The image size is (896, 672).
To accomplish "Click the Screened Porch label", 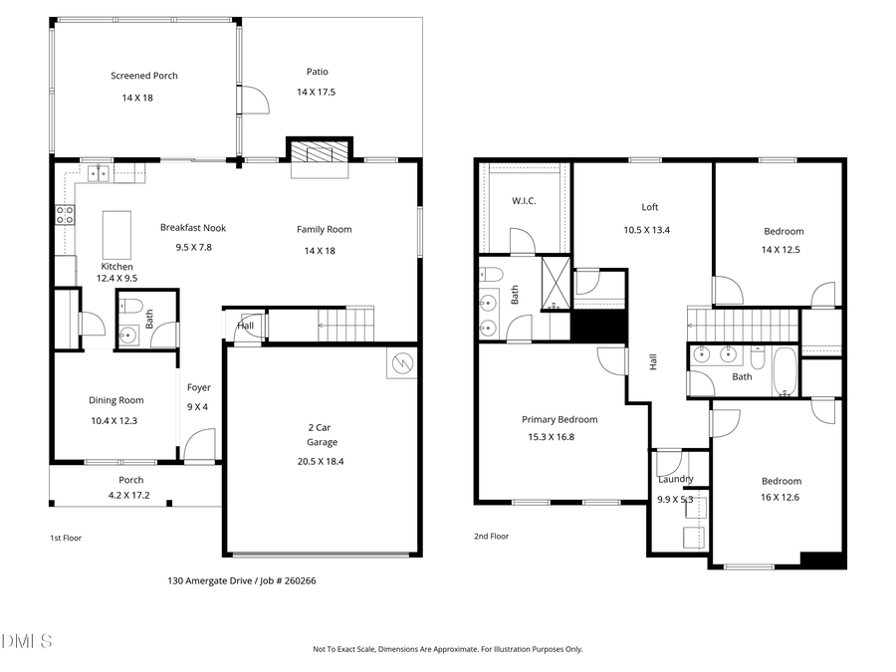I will tap(144, 76).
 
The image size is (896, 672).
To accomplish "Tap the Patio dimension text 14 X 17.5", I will tap(317, 92).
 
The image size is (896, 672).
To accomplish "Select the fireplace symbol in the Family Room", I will tap(319, 151).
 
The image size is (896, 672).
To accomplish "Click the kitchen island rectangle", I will tap(116, 233).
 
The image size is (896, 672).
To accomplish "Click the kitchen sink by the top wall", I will tap(99, 173).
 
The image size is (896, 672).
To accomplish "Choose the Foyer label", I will tap(196, 388).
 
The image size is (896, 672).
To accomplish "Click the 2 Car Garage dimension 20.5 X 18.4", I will tap(322, 461).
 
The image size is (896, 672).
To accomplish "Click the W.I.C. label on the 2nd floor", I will tap(524, 201).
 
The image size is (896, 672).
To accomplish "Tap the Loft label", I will tap(649, 207).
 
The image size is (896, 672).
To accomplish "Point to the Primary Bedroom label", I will tap(560, 419).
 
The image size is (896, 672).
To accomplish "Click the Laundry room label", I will tap(675, 479).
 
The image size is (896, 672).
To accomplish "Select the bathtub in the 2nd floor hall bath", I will tap(784, 372).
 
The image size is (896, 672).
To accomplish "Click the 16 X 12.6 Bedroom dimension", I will tap(782, 497).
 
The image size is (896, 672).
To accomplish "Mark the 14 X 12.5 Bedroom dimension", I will tap(784, 249).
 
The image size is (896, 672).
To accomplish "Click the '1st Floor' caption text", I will tap(66, 538).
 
